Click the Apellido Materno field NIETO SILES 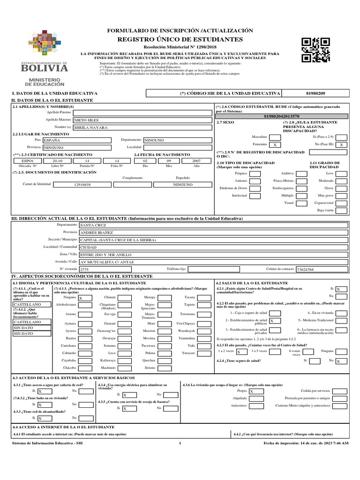coord(140,120)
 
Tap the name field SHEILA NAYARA coord(140,127)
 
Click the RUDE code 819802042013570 coord(282,116)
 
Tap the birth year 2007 coord(196,160)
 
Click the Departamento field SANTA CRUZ coord(213,225)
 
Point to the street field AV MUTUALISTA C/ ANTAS coord(213,262)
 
